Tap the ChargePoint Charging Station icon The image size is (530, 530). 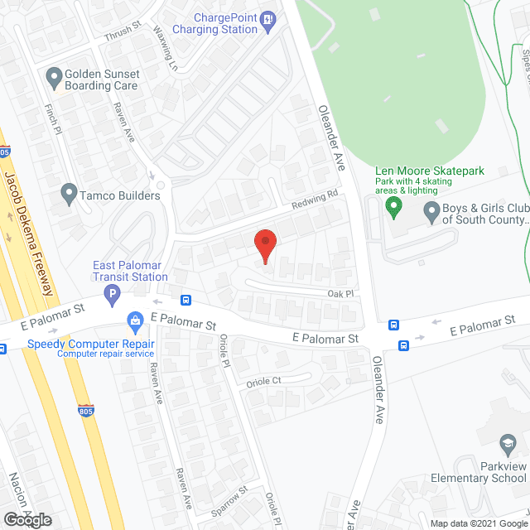tap(267, 19)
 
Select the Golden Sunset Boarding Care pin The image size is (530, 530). tap(55, 79)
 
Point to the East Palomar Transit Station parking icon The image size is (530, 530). tap(111, 292)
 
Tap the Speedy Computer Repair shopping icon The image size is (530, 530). tap(133, 320)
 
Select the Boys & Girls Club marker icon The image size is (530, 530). tap(431, 213)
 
